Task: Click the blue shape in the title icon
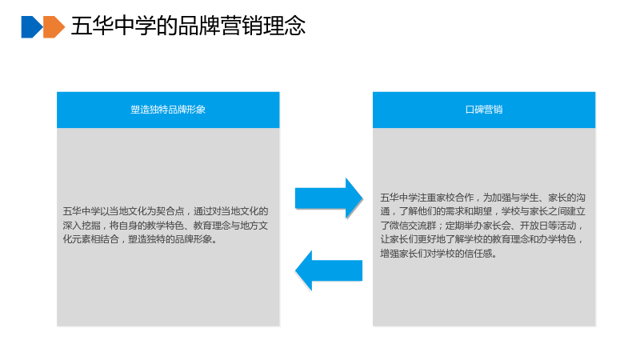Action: (31, 27)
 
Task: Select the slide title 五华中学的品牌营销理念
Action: (188, 26)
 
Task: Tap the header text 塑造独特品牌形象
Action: (168, 110)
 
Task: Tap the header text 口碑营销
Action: (484, 110)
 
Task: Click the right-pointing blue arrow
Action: (329, 198)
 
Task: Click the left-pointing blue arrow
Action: (329, 270)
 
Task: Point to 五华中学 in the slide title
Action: (114, 26)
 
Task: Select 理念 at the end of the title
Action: (285, 26)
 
